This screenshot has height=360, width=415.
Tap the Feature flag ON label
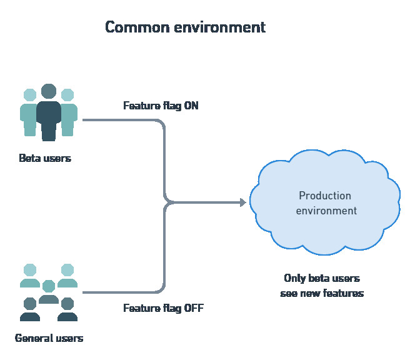(161, 106)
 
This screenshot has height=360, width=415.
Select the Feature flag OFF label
(163, 308)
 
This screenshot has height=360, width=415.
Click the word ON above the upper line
(191, 106)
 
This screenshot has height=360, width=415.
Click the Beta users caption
(45, 158)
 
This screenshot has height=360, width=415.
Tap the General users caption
(49, 339)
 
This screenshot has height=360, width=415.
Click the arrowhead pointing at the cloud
(242, 202)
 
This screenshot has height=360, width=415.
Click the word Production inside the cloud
(325, 196)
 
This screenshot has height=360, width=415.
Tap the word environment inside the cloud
(326, 211)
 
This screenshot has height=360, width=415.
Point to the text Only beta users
(322, 278)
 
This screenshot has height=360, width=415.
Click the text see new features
(322, 293)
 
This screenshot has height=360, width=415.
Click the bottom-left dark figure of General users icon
(29, 309)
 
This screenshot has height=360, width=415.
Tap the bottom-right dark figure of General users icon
(67, 309)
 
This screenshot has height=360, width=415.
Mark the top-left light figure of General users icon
(29, 276)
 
